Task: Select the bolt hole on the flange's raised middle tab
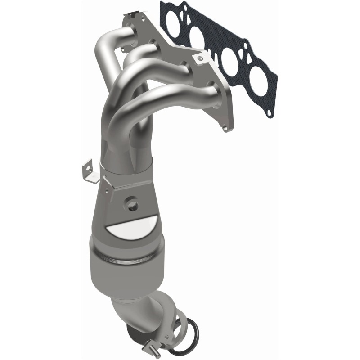(197, 58)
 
